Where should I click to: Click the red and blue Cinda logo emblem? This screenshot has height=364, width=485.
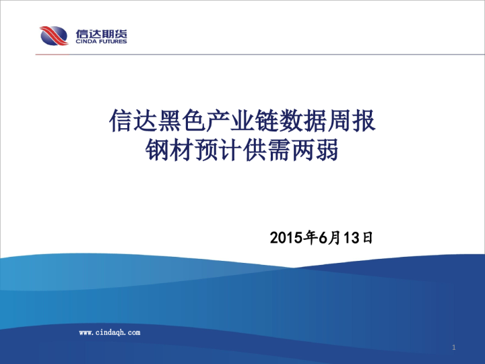click(53, 35)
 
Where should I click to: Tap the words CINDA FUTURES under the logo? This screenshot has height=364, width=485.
click(102, 42)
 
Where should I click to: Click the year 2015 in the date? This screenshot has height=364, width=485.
click(286, 237)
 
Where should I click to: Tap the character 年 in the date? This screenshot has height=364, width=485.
click(311, 237)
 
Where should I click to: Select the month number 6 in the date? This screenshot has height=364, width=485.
click(323, 237)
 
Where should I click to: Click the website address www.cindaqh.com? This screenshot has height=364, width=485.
click(110, 332)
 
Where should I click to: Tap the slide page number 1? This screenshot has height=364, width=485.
click(454, 348)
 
